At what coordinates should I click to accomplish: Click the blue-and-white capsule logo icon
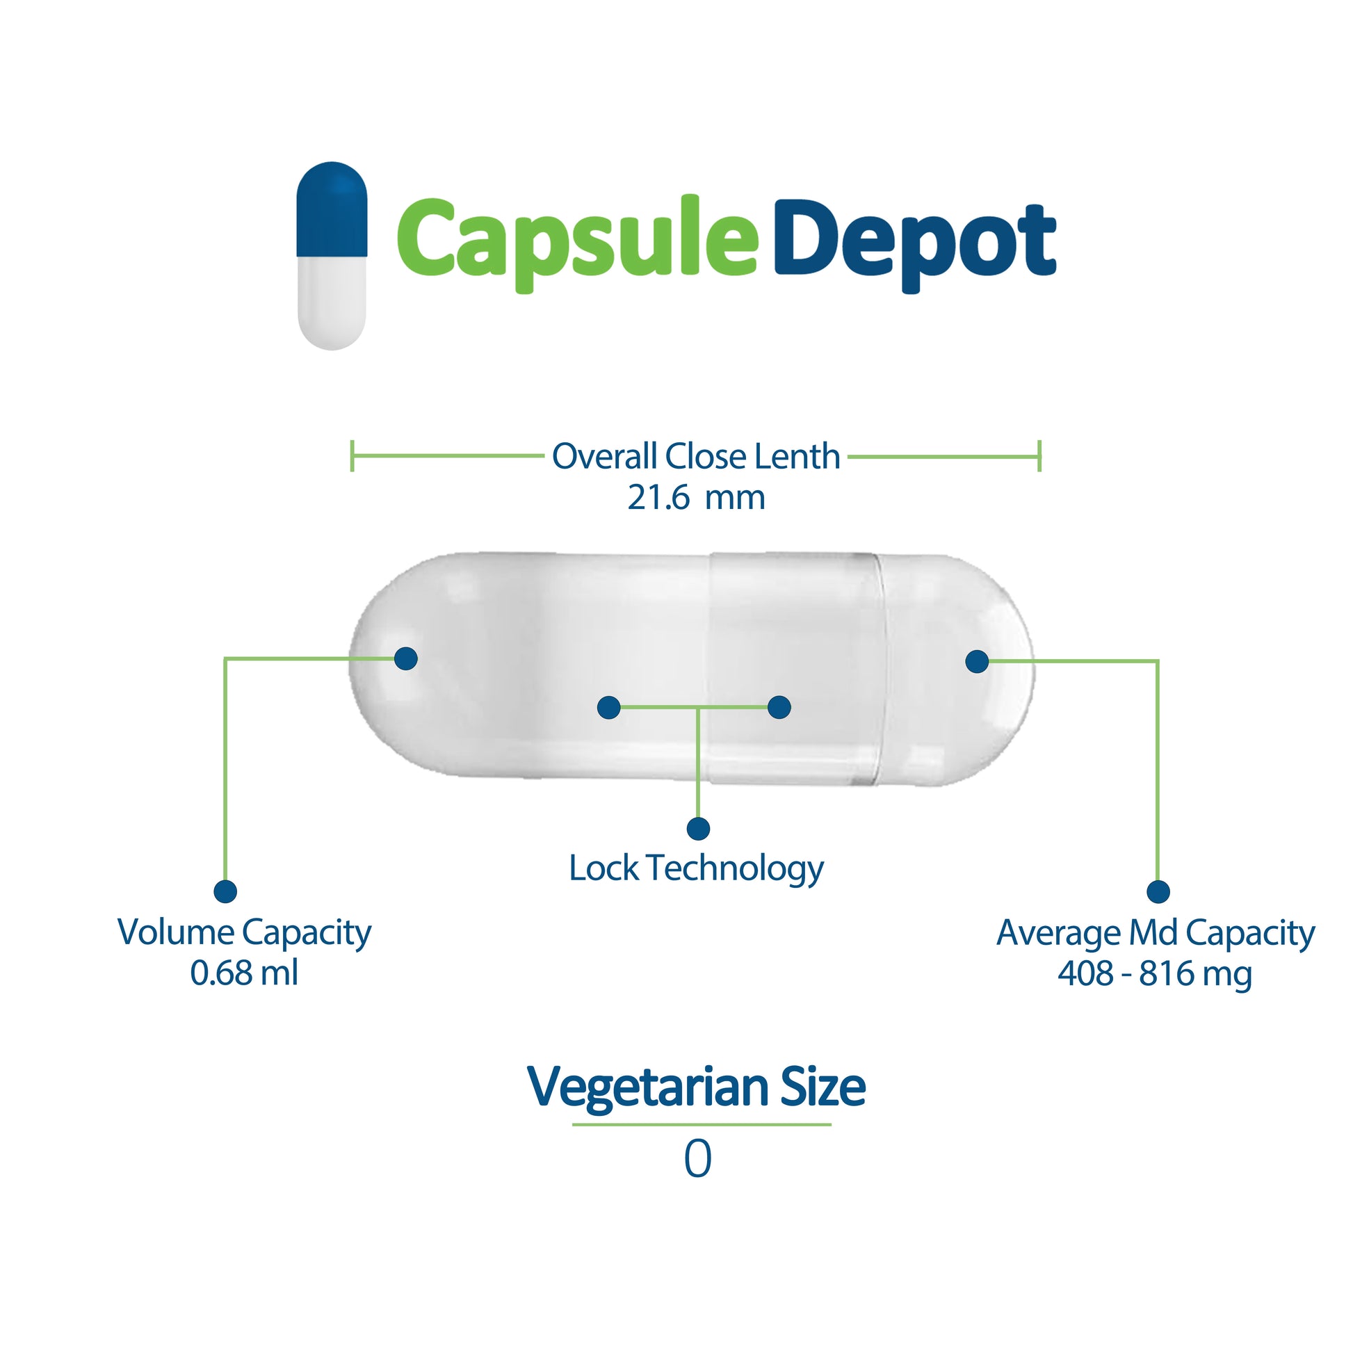tap(331, 256)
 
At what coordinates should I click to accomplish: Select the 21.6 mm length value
tap(695, 498)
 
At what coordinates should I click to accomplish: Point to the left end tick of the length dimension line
tap(353, 456)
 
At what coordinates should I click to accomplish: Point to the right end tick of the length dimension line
tap(1039, 456)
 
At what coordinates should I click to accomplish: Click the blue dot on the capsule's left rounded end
tap(405, 658)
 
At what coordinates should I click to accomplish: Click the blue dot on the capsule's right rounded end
tap(977, 661)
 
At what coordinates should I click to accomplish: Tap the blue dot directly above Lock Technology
tap(697, 829)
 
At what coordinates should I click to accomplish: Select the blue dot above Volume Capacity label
tap(225, 891)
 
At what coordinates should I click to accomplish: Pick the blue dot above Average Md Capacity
tap(1158, 891)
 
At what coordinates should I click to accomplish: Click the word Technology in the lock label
tap(735, 869)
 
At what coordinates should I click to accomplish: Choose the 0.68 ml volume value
tap(244, 973)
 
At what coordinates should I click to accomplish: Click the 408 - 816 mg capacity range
tap(1154, 973)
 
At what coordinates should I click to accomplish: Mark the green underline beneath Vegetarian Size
tap(701, 1125)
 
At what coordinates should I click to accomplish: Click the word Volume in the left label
tap(175, 933)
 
